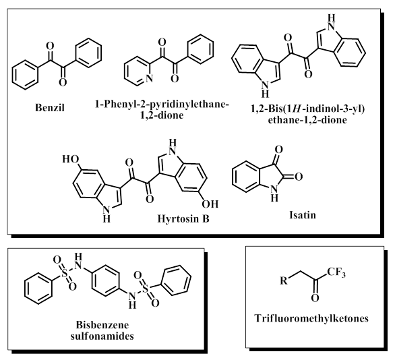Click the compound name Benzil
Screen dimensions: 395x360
coord(50,108)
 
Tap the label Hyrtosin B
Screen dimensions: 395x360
coord(183,218)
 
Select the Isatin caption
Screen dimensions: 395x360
coord(303,215)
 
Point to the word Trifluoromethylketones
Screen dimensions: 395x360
coord(311,318)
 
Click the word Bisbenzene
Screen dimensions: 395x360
coord(102,325)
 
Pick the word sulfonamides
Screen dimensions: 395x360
coord(102,336)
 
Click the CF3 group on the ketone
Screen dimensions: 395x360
coord(336,272)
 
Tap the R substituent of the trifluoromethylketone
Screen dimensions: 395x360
coord(284,280)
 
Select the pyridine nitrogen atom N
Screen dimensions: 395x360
coord(149,79)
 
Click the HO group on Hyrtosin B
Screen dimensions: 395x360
coord(71,159)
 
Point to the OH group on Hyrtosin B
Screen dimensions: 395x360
coord(210,204)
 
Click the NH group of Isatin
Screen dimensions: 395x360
coord(274,193)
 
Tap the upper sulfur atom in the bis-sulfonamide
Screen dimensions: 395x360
coord(65,273)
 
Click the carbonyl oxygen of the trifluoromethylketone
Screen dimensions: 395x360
coord(315,298)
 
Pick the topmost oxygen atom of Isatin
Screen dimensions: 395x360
coord(278,150)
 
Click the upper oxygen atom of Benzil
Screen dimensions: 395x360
coord(51,46)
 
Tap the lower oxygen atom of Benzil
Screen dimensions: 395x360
coord(63,82)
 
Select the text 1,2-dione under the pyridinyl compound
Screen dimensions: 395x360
coord(162,115)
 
